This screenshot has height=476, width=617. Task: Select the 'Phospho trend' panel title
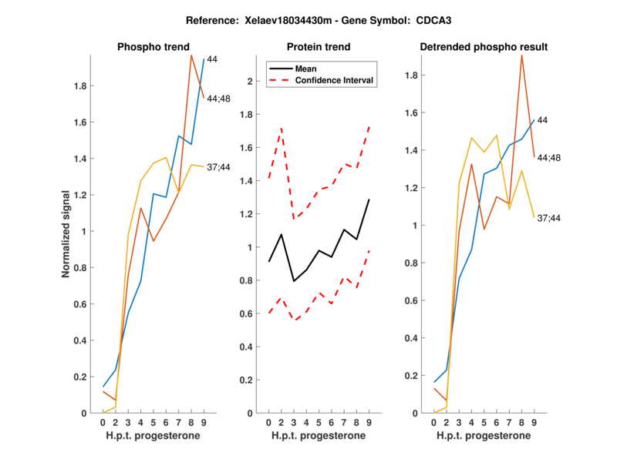pos(153,47)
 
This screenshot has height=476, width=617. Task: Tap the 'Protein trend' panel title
pos(319,47)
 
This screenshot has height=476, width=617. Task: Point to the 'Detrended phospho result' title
pos(484,47)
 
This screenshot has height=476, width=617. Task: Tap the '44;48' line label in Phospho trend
pos(220,99)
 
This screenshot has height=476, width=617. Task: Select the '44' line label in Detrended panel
pos(543,120)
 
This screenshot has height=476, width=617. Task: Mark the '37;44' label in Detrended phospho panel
pos(550,218)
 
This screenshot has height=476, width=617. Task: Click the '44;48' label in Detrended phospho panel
pos(550,157)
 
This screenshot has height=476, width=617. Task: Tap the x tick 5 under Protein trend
pos(318,423)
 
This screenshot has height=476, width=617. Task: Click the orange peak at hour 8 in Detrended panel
pos(521,55)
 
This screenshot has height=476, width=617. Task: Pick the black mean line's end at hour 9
pos(369,199)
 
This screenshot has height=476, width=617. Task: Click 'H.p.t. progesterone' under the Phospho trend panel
pos(153,437)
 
